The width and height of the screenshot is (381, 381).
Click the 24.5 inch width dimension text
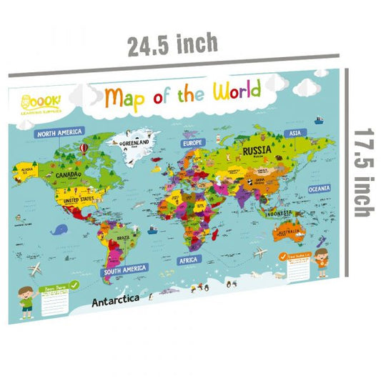[x=173, y=45]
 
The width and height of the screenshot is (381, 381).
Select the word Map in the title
[x=127, y=97]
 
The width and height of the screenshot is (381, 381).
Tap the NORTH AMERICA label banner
[x=59, y=133]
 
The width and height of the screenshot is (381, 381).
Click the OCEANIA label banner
[x=318, y=188]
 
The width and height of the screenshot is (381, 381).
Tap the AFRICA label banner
[x=189, y=260]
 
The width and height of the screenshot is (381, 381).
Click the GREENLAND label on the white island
[x=135, y=144]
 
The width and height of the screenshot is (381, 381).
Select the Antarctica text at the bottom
[x=117, y=301]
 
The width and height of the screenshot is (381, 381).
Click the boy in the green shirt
[x=26, y=297]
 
